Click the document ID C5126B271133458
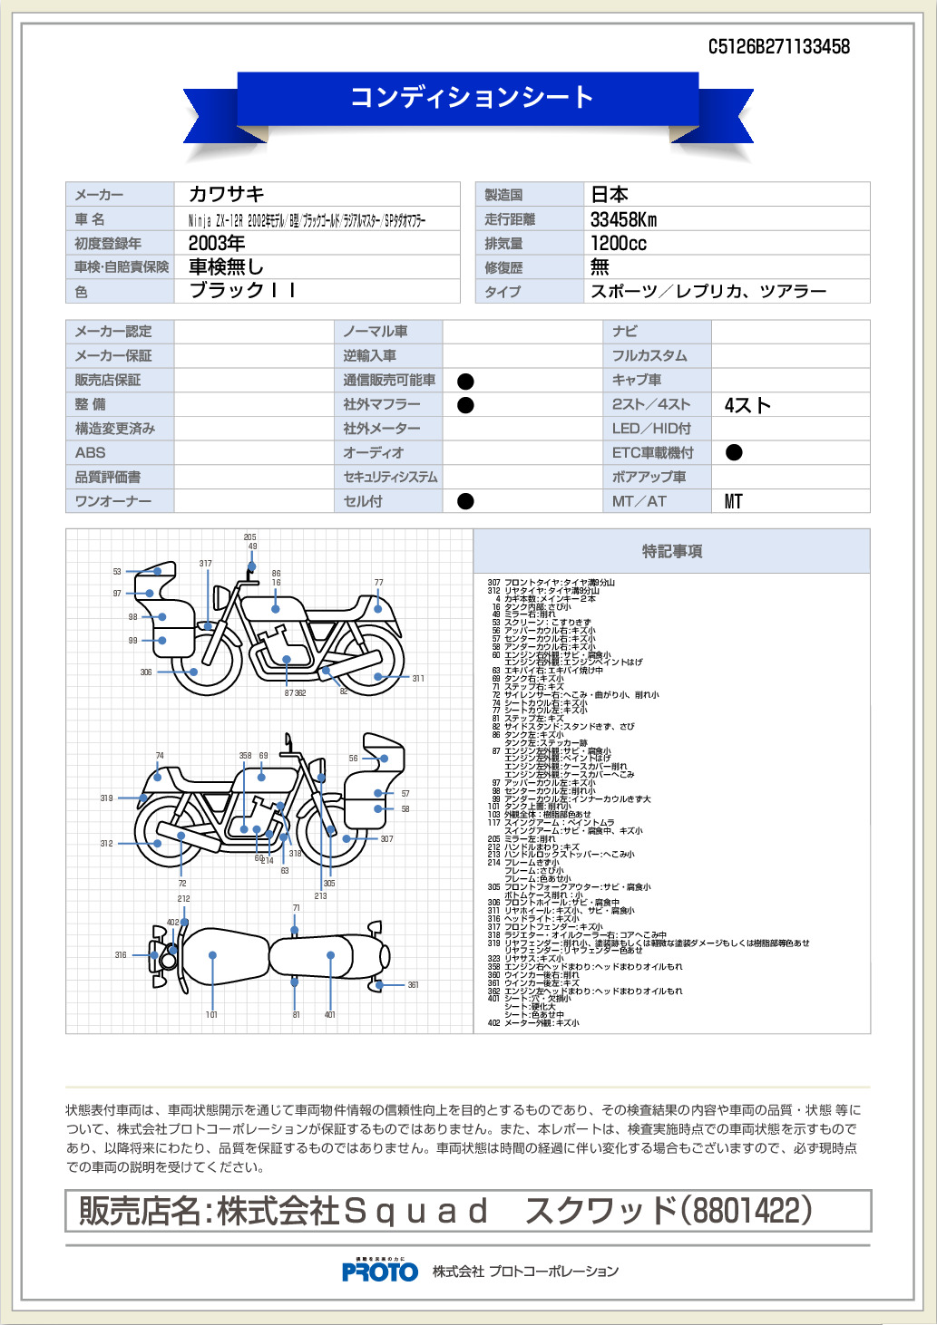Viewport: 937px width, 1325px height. (778, 47)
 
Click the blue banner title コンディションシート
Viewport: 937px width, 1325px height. (472, 97)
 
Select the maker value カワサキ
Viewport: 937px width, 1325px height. (227, 194)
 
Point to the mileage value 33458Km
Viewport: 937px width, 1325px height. (623, 219)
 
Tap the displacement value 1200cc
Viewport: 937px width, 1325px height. (618, 243)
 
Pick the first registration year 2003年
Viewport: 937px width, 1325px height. (217, 243)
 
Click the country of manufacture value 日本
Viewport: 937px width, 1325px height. (610, 194)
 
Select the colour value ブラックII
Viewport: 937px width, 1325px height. (241, 291)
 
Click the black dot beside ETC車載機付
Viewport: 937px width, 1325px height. (734, 452)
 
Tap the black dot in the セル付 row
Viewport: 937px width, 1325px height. (465, 501)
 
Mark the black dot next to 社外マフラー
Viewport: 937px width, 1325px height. (465, 405)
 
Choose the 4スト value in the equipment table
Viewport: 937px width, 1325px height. (747, 405)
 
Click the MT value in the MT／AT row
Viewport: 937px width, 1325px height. (733, 501)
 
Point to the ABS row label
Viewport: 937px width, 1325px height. (91, 452)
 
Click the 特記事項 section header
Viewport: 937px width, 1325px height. (671, 551)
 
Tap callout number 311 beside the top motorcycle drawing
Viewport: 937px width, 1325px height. (418, 678)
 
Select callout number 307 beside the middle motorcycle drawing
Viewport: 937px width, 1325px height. (386, 839)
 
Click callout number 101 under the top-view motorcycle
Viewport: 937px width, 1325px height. (211, 1014)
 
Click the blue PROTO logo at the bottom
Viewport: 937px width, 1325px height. (379, 1272)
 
